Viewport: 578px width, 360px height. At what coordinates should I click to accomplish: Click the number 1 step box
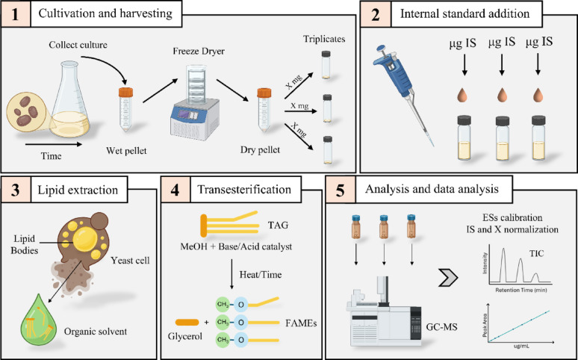(16, 14)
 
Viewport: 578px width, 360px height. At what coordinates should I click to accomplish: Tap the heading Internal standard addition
(464, 14)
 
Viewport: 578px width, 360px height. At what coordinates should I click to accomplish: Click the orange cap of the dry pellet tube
(264, 92)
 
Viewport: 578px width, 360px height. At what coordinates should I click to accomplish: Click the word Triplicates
(324, 39)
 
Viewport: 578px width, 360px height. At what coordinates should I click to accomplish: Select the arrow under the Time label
(54, 145)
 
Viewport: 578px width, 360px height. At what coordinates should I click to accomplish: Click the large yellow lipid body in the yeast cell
(85, 240)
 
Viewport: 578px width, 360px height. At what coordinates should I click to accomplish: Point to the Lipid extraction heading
(78, 190)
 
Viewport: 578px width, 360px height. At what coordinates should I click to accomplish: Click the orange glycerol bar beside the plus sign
(187, 322)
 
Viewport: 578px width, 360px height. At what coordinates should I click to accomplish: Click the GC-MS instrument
(383, 311)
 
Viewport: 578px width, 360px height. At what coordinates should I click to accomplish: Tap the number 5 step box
(340, 189)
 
